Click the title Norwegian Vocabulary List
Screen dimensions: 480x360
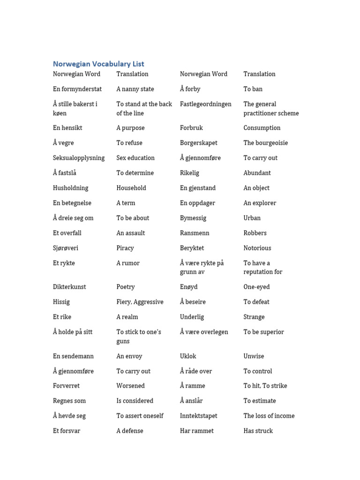[x=98, y=64]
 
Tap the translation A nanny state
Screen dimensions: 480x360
[x=135, y=89]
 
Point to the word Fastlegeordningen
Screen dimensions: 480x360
[x=205, y=104]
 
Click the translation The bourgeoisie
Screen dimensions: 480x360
[x=265, y=143]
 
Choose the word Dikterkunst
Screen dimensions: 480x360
[x=69, y=287]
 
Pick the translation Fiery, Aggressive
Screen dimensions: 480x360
[x=140, y=302]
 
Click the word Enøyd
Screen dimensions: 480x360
[x=189, y=287]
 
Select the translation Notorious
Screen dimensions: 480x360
[x=257, y=248]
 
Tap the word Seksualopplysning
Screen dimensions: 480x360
[x=79, y=158]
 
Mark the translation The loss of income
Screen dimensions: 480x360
[x=269, y=416]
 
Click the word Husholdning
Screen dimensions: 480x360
[x=70, y=188]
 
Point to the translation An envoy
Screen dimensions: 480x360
[x=129, y=356]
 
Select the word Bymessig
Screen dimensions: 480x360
[x=193, y=218]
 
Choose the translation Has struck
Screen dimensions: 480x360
[x=258, y=431]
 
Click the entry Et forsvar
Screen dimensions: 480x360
[x=67, y=431]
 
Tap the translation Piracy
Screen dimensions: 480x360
[x=125, y=248]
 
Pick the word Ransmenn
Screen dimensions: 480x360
[x=195, y=233]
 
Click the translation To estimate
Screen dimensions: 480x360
[x=260, y=401]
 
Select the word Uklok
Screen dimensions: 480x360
[x=188, y=356]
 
